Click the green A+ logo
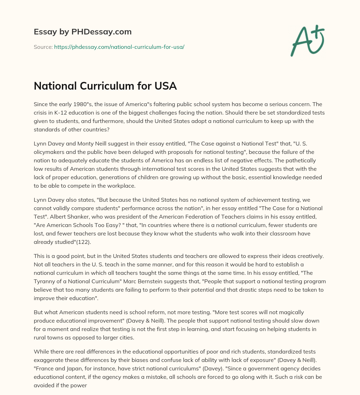click(x=307, y=40)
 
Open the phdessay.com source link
click(x=119, y=47)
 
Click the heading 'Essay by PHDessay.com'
click(x=83, y=32)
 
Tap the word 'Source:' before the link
click(x=43, y=47)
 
